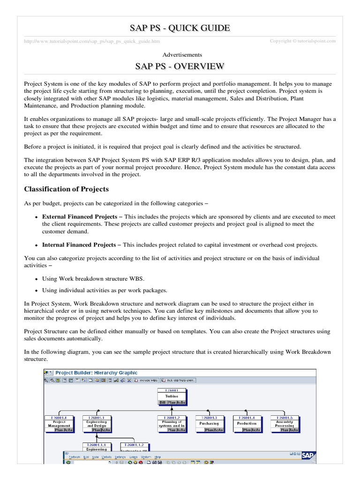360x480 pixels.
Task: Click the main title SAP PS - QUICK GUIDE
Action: point(180,28)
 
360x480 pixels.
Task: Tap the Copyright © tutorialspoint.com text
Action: point(303,41)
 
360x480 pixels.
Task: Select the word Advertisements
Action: point(180,55)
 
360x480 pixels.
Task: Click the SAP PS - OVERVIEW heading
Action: point(180,66)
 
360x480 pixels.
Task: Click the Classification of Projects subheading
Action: point(67,189)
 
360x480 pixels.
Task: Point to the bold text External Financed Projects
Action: point(79,217)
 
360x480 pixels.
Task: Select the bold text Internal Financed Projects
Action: point(79,245)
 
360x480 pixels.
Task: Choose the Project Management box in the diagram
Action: point(59,423)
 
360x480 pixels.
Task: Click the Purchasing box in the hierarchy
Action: point(209,423)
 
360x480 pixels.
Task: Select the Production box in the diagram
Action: point(247,423)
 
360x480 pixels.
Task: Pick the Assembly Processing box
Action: point(284,423)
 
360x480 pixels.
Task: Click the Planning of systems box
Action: point(172,423)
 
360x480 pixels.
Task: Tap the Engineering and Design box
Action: point(97,423)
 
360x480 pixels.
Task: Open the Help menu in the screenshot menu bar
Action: point(157,457)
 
